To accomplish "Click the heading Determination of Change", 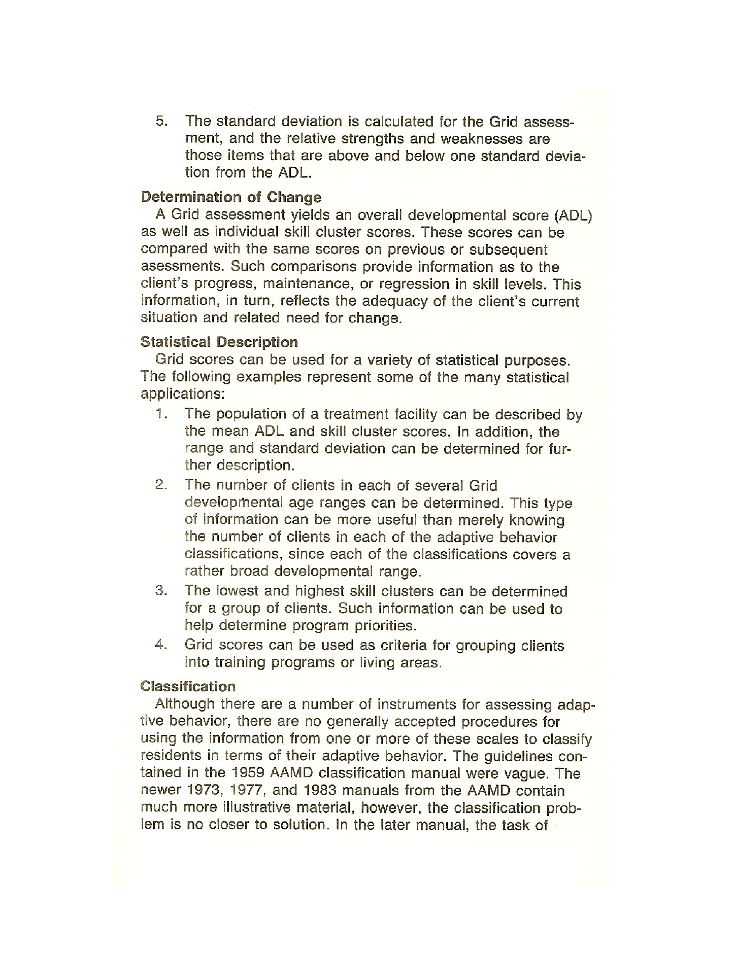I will point(231,197).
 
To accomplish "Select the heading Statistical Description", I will point(219,342).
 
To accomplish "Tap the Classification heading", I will point(188,686).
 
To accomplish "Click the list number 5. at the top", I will point(162,121).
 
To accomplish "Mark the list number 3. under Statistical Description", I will point(161,591).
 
